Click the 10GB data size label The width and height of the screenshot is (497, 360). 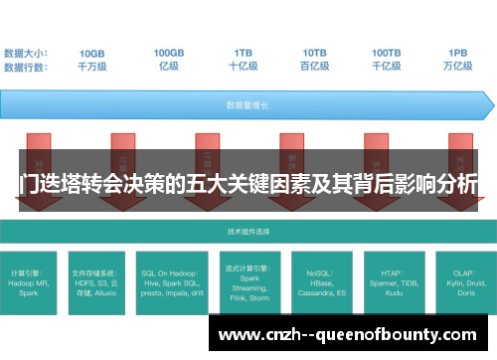pyautogui.click(x=92, y=53)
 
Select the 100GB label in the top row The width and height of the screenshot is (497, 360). pyautogui.click(x=169, y=53)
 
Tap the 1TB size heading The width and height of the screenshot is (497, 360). pyautogui.click(x=244, y=53)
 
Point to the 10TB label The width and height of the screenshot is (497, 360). pyautogui.click(x=315, y=53)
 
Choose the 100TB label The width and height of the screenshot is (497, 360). pyautogui.click(x=387, y=53)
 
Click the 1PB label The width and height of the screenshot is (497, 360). pyautogui.click(x=458, y=53)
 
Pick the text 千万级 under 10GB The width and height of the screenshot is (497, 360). pyautogui.click(x=92, y=67)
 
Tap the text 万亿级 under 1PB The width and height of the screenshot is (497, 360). pyautogui.click(x=458, y=67)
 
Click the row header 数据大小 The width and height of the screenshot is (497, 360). pyautogui.click(x=25, y=53)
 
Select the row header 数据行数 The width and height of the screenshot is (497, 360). pyautogui.click(x=25, y=67)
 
